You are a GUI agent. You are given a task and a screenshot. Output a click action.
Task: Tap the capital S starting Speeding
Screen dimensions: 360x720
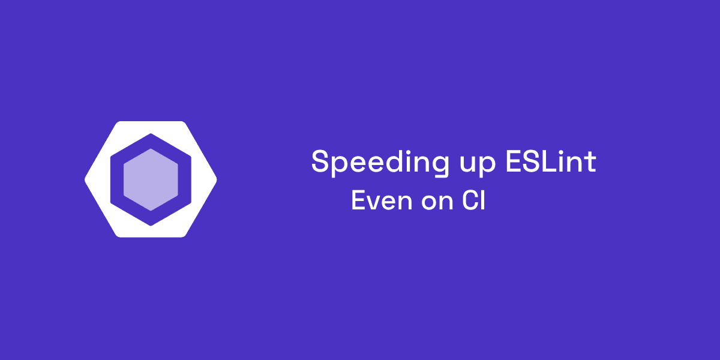(320, 162)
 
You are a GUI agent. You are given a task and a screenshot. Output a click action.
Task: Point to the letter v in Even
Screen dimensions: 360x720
(372, 202)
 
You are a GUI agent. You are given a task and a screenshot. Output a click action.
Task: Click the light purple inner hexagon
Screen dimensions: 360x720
(151, 179)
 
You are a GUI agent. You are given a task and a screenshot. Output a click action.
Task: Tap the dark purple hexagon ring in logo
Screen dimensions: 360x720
(116, 179)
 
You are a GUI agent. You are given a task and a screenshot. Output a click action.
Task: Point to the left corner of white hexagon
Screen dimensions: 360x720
(88, 179)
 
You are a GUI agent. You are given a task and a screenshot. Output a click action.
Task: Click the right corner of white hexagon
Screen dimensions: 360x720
(214, 179)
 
